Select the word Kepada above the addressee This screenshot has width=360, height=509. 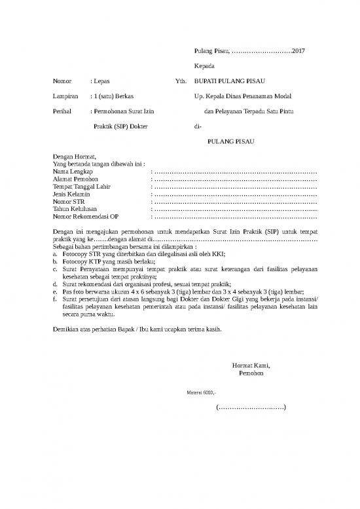click(x=206, y=66)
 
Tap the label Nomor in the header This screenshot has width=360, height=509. click(x=62, y=81)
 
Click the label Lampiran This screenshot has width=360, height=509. click(x=65, y=96)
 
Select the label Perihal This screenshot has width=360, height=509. click(x=63, y=111)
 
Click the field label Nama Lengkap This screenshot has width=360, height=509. click(x=73, y=171)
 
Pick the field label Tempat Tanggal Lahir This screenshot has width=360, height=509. click(x=82, y=186)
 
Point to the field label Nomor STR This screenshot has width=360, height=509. click(x=68, y=201)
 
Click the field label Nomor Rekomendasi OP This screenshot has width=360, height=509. click(x=86, y=216)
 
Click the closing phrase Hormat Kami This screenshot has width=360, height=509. click(x=251, y=366)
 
